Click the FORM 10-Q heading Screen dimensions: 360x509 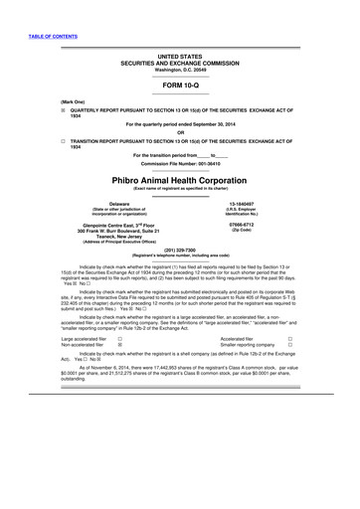[x=180, y=85]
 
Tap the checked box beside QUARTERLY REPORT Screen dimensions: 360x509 [x=63, y=111]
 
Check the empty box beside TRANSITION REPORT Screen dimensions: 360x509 [x=63, y=141]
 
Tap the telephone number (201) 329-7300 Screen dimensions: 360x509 [x=180, y=250]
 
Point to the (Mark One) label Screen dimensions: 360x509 [x=72, y=102]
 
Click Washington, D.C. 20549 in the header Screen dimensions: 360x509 [x=180, y=71]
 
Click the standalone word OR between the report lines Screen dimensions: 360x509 [x=180, y=132]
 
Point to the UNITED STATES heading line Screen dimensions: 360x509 [x=180, y=58]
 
